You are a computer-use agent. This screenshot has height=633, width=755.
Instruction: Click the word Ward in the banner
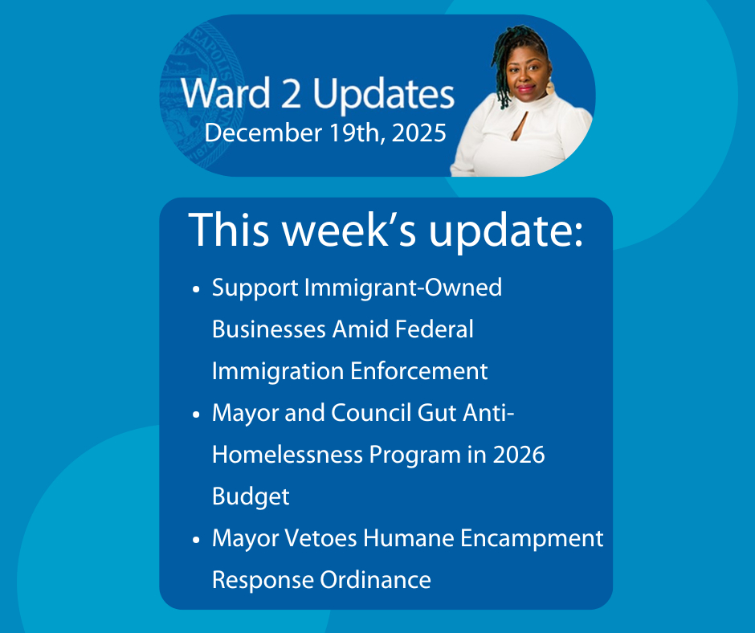tap(226, 93)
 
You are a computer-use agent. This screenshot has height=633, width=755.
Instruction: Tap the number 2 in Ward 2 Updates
tap(292, 93)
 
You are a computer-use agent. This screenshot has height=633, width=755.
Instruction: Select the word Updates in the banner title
tap(384, 95)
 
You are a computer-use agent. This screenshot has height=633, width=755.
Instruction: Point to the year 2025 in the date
tap(419, 133)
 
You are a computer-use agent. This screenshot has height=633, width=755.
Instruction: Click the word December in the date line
tap(263, 133)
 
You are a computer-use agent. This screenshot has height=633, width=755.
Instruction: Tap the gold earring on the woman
tap(549, 88)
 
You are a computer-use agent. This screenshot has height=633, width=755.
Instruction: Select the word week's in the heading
tap(349, 230)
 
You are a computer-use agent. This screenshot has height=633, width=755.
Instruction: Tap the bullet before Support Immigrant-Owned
tap(195, 289)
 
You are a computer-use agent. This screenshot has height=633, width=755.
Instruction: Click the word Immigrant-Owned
tap(403, 288)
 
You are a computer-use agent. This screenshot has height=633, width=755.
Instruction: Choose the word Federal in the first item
tap(434, 329)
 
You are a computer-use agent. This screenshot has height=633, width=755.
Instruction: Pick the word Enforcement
tap(419, 371)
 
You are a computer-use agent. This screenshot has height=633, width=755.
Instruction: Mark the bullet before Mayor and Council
tap(195, 415)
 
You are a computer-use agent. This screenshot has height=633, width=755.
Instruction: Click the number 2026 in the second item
tap(519, 455)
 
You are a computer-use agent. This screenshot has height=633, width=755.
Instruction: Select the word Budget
tap(251, 497)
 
